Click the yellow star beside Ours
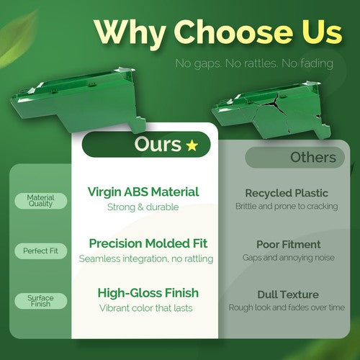pos(192,145)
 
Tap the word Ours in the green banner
pos(158,144)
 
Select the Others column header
pos(313,158)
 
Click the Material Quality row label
pos(40,201)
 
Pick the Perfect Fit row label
pos(40,251)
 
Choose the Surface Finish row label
pos(40,301)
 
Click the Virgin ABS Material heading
pos(143,192)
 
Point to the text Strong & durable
pos(143,207)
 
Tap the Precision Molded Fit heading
pos(148,243)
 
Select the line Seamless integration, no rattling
pos(146,258)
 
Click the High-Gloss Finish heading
pos(148,293)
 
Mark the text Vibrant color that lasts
pos(146,308)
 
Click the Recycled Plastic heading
pos(287,193)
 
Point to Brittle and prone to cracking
pos(287,206)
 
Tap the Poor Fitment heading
pos(289,245)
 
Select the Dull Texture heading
pos(288,294)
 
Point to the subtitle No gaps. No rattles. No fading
pos(254,63)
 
